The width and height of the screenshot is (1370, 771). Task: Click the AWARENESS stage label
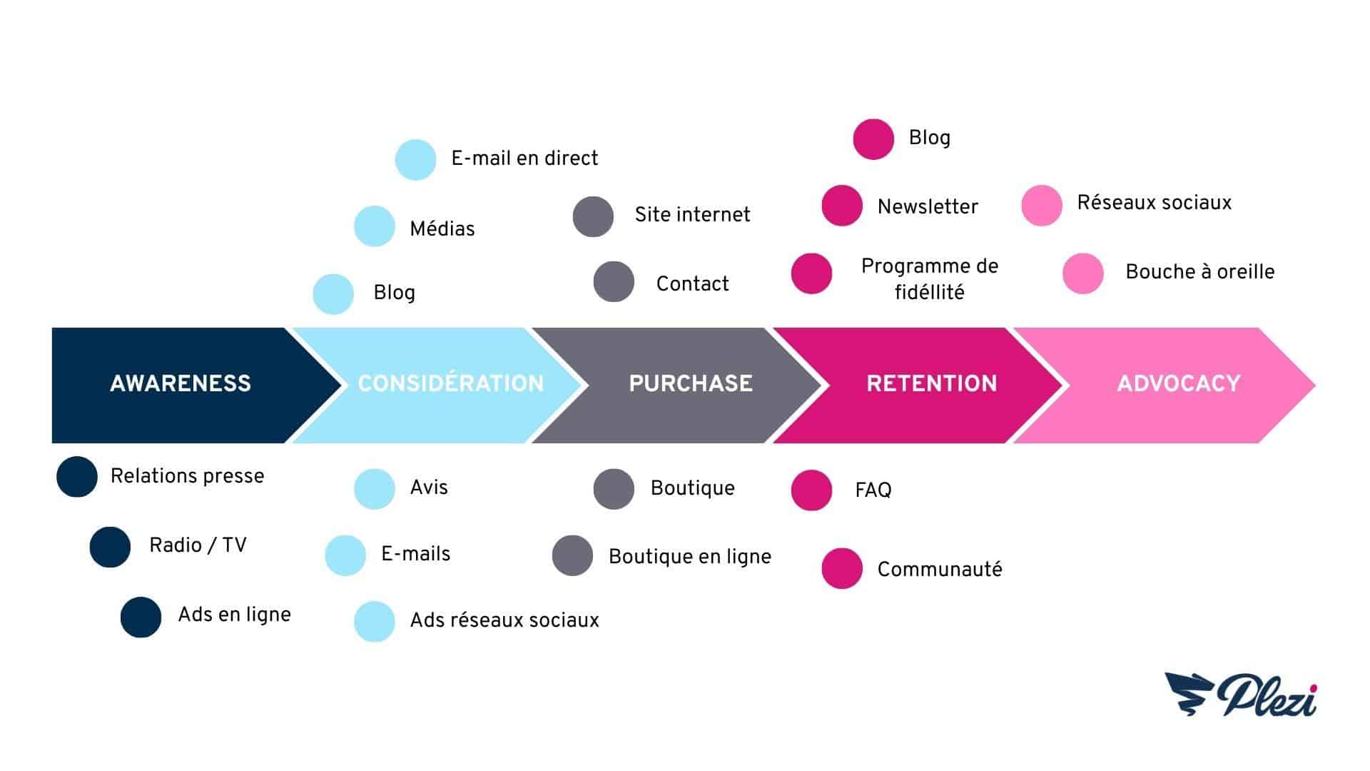(x=181, y=383)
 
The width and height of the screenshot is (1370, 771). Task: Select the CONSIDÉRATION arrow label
(x=451, y=383)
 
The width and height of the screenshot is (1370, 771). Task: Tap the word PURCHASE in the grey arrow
(x=691, y=383)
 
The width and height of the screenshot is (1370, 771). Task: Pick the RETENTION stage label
(x=932, y=383)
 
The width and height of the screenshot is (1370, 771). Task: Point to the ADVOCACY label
(x=1179, y=383)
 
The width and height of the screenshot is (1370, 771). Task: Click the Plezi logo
(x=1241, y=695)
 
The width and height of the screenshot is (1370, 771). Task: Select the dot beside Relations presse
(x=77, y=476)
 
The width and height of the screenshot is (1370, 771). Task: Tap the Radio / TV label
(x=198, y=545)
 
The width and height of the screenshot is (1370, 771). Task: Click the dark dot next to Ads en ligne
(x=141, y=617)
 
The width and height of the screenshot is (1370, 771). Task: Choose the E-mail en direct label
(x=524, y=158)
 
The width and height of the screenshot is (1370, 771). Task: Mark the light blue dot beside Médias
(x=375, y=226)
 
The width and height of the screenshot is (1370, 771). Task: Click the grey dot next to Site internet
(x=593, y=216)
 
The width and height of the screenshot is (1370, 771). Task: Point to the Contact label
(x=692, y=284)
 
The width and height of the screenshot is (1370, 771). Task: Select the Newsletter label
(x=928, y=207)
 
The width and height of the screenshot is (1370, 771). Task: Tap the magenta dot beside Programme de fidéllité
(x=812, y=273)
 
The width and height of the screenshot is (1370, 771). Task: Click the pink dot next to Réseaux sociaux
(x=1042, y=206)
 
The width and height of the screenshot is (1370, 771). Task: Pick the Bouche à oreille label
(x=1200, y=272)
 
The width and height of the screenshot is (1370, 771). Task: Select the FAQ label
(x=873, y=490)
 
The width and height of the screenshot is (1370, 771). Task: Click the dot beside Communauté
(x=842, y=568)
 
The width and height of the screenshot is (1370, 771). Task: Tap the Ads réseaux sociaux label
(x=504, y=620)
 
